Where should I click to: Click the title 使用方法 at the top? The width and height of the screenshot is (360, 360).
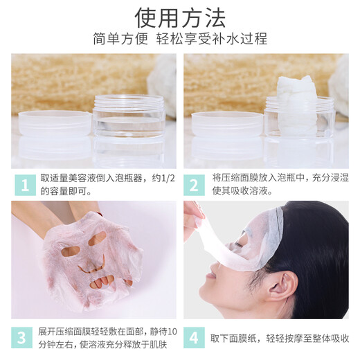click(x=179, y=15)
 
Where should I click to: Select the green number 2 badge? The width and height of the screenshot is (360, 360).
click(x=195, y=183)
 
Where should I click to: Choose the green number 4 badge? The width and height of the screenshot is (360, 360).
click(x=195, y=338)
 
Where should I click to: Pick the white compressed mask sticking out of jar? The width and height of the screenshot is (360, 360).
click(x=296, y=93)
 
